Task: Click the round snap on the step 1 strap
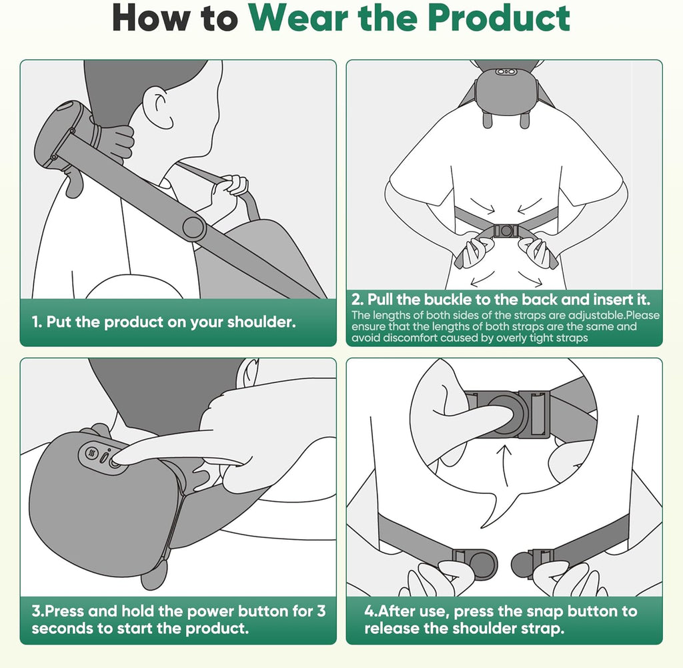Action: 193,228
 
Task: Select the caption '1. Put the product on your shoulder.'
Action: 163,322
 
